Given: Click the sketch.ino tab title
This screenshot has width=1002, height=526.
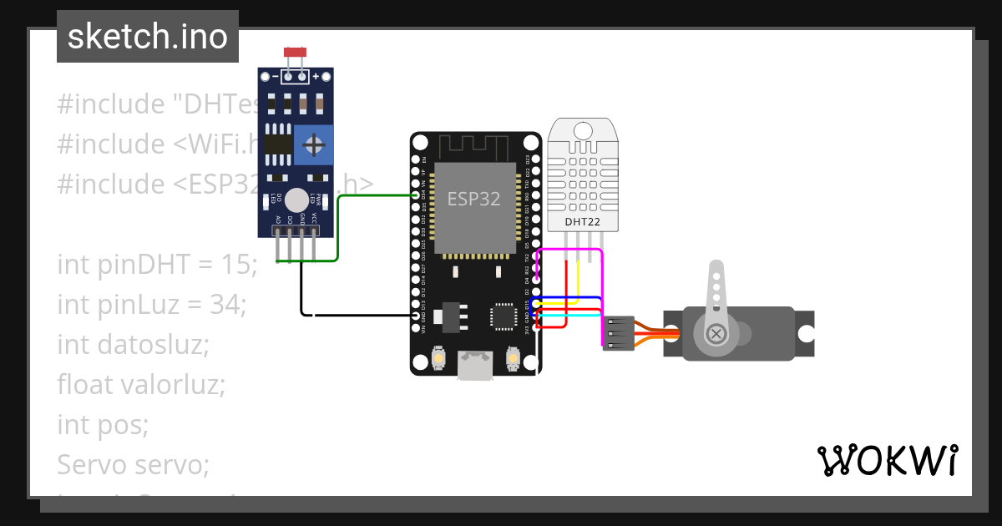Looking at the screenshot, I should (x=148, y=37).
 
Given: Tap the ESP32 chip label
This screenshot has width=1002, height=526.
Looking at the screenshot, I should (x=473, y=199).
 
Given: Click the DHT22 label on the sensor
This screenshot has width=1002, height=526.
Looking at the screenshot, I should (x=584, y=221).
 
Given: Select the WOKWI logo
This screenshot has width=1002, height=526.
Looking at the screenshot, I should (x=886, y=460).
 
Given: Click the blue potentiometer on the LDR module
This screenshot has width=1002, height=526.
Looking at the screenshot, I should (x=314, y=146).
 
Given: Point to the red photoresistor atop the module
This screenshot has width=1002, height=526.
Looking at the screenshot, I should (x=295, y=52).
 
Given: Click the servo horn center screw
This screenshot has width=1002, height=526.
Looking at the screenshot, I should (x=716, y=333).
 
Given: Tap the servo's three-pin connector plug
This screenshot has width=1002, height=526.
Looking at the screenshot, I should (x=619, y=332).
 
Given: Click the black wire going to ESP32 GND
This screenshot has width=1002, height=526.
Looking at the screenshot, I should (x=359, y=316).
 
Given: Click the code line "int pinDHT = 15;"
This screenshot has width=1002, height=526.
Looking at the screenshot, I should (x=158, y=265).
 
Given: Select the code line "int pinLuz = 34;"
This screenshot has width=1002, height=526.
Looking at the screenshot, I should (x=151, y=305).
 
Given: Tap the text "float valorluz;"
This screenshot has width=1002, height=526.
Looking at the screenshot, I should (x=141, y=385).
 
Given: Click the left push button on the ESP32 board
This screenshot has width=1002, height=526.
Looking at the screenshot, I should (x=438, y=359).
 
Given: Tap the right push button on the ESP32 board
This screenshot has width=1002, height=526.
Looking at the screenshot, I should (x=514, y=359).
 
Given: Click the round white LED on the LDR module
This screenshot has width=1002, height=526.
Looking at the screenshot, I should (x=296, y=200).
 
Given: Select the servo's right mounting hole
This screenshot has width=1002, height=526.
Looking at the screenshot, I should (x=805, y=333).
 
